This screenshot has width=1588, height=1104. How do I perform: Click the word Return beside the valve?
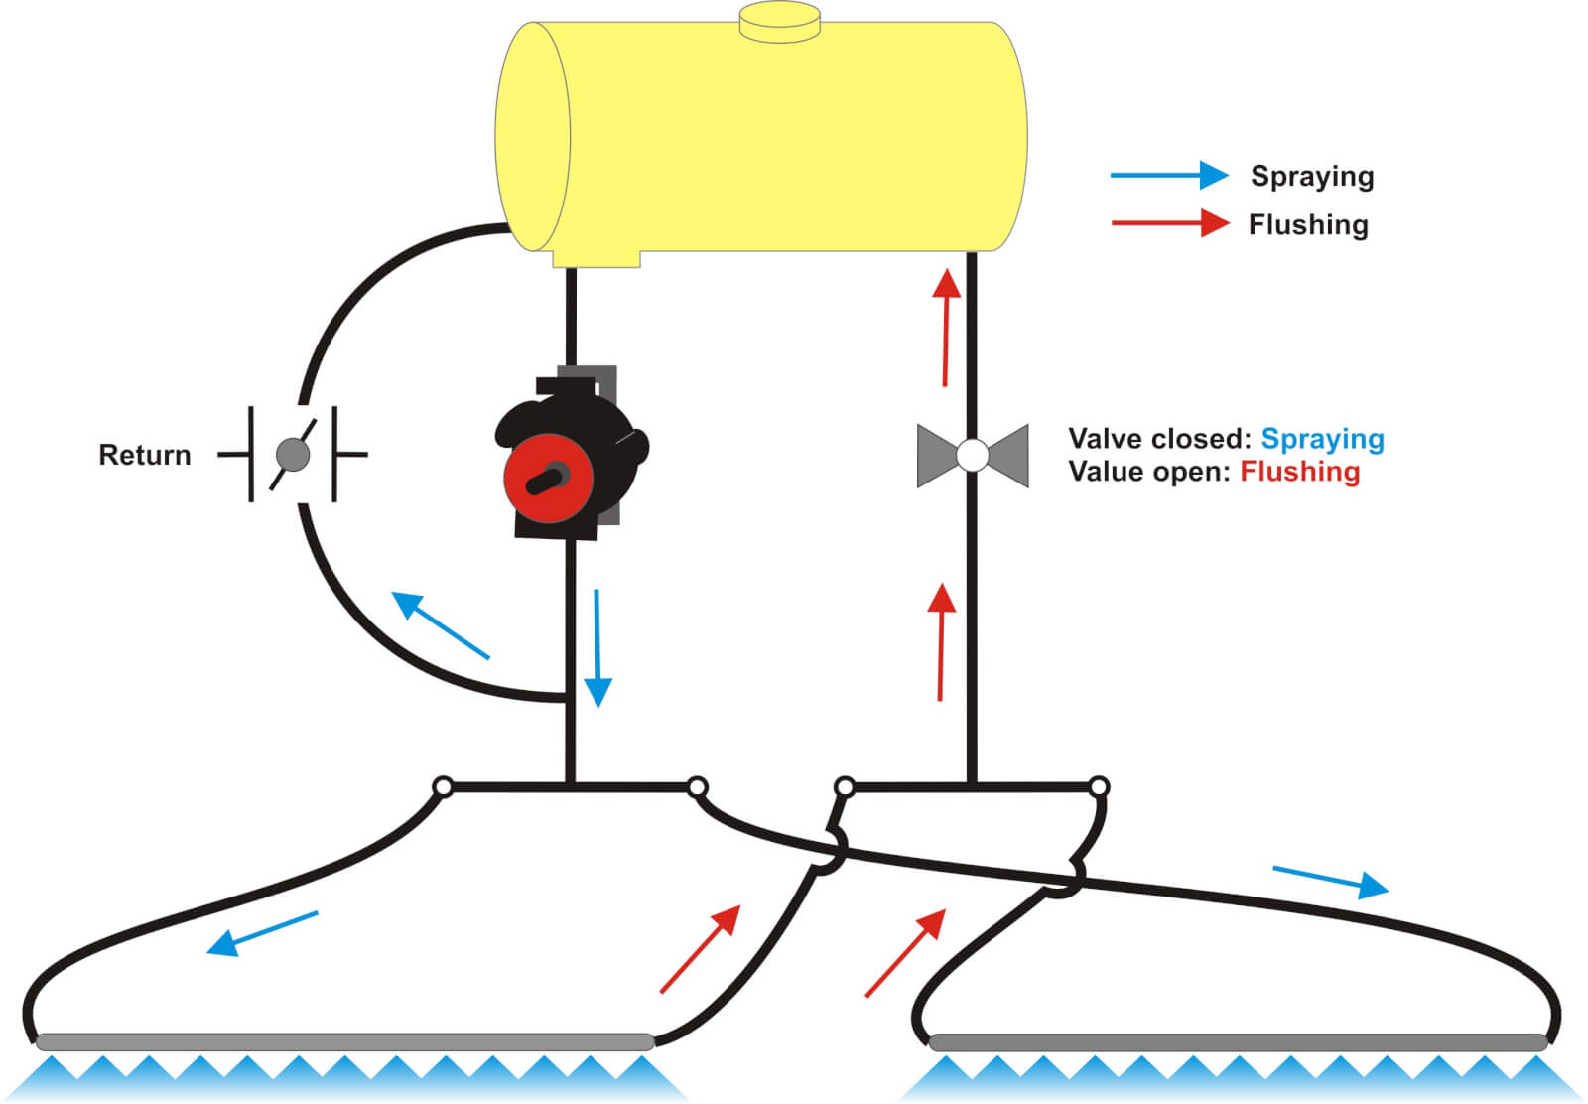coord(145,455)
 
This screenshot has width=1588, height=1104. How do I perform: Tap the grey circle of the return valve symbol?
coord(292,455)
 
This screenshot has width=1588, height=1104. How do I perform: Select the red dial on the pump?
coord(547,478)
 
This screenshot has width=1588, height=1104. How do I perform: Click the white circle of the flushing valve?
coord(973,456)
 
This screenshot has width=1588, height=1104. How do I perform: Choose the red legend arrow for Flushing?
coord(1170,223)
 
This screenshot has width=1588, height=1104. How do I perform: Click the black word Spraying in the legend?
coord(1312,177)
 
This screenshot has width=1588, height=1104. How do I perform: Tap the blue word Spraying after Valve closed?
coord(1322,439)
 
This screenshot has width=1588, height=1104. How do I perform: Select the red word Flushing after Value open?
coord(1299,471)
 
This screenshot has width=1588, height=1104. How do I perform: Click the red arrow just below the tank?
coord(946,327)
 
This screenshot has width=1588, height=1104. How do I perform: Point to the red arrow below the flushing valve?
coord(941,641)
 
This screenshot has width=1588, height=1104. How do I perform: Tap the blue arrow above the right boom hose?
coord(1330,881)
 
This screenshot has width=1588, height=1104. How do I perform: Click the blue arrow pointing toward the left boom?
coord(262,933)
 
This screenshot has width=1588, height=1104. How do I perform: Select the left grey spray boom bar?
coord(344,1041)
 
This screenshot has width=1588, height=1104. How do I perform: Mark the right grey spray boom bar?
coord(1238,1042)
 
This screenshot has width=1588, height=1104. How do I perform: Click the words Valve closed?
coord(1159,439)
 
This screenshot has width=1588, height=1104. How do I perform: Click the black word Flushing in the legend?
coord(1308,225)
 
